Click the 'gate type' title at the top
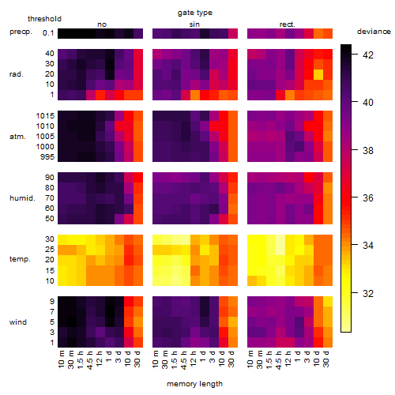point(195,13)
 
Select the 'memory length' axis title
point(194,384)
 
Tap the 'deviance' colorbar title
point(374,32)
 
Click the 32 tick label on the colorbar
point(368,293)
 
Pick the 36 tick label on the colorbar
point(368,197)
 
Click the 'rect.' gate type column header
point(287,24)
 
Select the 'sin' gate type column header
point(194,24)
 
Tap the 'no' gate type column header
point(102,24)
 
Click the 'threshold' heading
point(44,19)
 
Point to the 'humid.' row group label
point(22,198)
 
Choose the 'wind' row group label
point(18,322)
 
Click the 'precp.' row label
point(21,32)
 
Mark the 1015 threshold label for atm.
point(45,116)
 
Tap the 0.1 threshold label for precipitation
point(48,33)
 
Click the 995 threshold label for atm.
point(47,157)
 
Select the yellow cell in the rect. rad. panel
point(318,74)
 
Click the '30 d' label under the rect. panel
point(326,359)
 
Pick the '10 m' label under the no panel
point(61,359)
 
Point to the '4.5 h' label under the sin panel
point(184,360)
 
